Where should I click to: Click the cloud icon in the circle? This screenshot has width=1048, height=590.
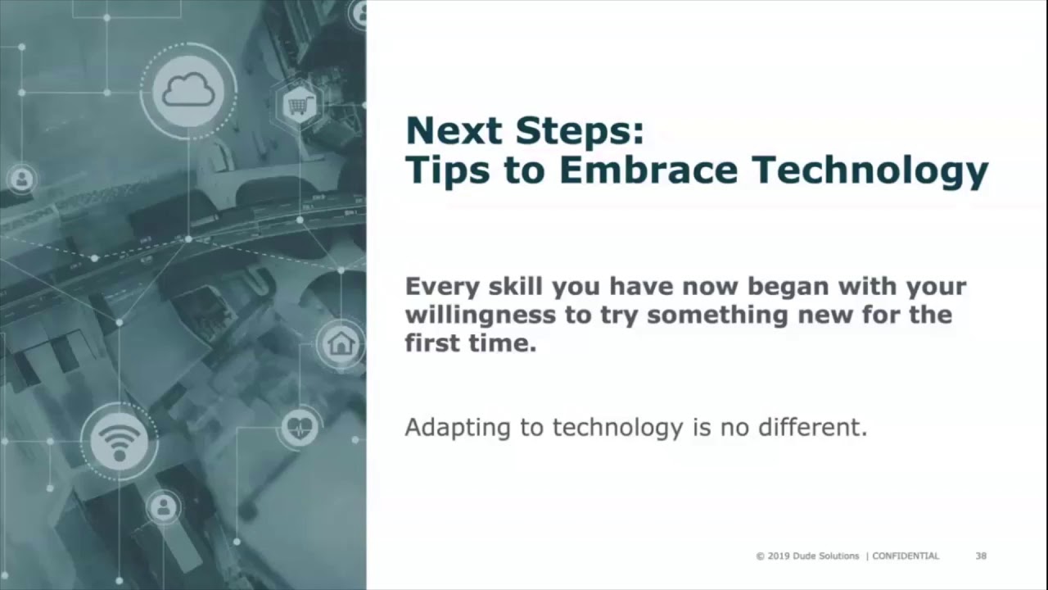(x=188, y=90)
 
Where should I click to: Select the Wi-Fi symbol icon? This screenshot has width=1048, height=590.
(x=120, y=442)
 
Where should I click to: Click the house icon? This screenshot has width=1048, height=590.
(x=340, y=343)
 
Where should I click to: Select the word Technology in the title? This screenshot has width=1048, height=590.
(x=870, y=170)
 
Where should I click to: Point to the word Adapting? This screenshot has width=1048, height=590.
(x=454, y=428)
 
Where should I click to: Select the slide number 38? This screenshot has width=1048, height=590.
(x=981, y=556)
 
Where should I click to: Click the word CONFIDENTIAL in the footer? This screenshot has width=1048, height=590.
(x=906, y=556)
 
